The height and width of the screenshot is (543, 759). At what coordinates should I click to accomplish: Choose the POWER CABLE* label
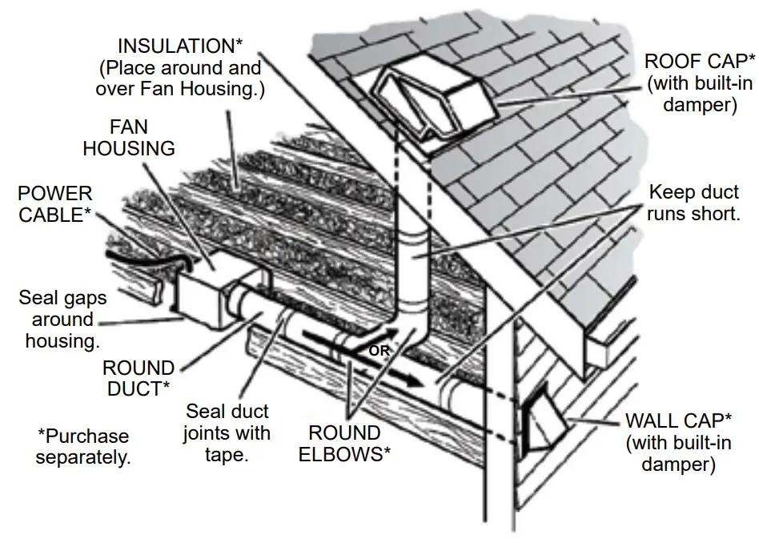(x=55, y=205)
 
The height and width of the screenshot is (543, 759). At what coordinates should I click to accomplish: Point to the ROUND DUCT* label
(x=139, y=378)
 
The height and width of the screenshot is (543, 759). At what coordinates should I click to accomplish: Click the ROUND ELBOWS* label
(x=343, y=444)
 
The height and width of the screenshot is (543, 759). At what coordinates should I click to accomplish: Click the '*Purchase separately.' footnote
(x=83, y=448)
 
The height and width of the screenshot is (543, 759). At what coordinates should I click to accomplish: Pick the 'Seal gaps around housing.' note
(x=62, y=320)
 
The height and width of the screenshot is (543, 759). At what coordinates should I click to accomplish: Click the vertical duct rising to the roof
(x=413, y=256)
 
